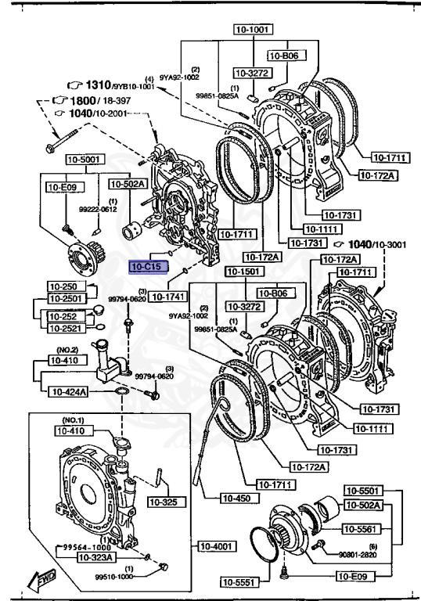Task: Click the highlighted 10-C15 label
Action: click(x=146, y=267)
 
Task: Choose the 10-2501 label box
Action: click(x=66, y=298)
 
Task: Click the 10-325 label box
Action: click(x=164, y=502)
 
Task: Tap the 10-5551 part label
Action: click(x=237, y=581)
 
